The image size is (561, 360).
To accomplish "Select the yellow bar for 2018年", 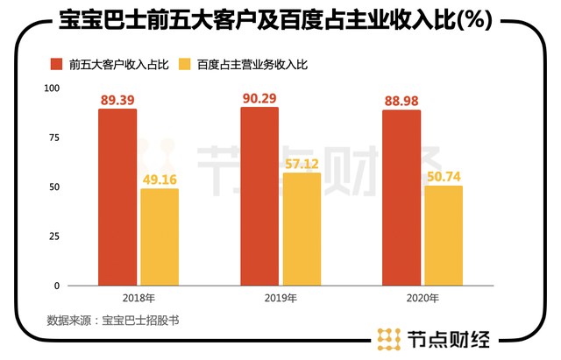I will [159, 236].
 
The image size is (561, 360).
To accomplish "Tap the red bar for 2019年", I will [259, 196].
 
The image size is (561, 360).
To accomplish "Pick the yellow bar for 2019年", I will [302, 229].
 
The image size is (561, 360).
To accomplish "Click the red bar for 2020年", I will [401, 198].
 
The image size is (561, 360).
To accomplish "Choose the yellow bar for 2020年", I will [444, 236].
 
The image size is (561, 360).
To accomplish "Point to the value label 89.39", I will [117, 100].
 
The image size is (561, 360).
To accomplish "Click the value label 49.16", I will [159, 179].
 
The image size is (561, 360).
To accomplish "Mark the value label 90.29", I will [259, 97].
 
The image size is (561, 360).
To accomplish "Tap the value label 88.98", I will [401, 101].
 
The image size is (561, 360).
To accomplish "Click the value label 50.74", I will [444, 175].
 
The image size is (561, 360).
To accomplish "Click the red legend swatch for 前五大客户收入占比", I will [56, 64].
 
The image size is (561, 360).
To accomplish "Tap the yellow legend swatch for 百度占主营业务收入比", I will [184, 64].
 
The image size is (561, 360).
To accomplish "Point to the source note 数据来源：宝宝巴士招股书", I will [113, 321].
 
